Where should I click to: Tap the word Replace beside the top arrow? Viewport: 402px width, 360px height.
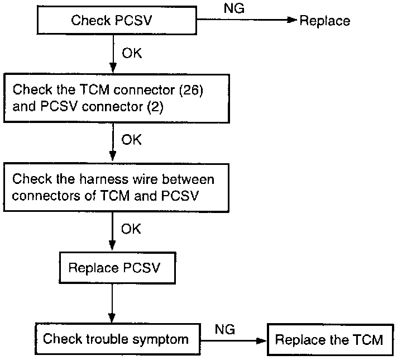(x=325, y=21)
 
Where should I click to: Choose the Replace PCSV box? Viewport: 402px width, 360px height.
(x=114, y=267)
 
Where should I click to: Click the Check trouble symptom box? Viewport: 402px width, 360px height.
(x=115, y=339)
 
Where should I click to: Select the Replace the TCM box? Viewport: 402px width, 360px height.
(x=329, y=339)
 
